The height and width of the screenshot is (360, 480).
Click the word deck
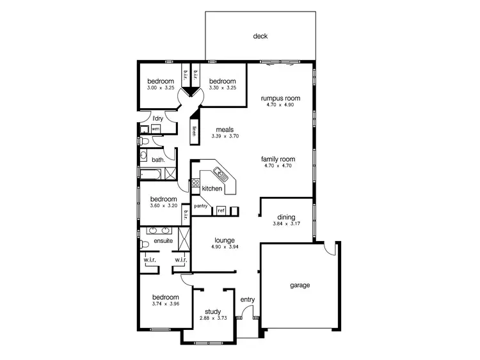coord(260,36)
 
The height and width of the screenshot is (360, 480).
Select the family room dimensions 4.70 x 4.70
coord(277,166)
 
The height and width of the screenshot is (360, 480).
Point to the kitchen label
coord(212,189)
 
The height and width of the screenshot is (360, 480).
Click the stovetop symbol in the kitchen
coord(195,184)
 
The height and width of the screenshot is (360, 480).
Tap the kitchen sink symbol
coord(221,172)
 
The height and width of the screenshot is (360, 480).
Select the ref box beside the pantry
coord(221,210)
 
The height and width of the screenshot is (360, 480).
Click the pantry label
coord(202,205)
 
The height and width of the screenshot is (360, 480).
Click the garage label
coord(299,285)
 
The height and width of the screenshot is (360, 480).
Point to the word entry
coord(247,299)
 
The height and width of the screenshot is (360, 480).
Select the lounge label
coord(224,240)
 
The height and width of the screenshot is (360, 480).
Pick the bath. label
coord(159,160)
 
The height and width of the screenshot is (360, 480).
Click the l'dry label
coord(157,118)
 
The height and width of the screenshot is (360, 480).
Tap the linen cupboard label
coord(193,132)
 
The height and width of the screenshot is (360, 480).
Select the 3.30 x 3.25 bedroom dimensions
coord(222,88)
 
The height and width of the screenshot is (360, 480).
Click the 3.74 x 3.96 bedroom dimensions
coord(164,304)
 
